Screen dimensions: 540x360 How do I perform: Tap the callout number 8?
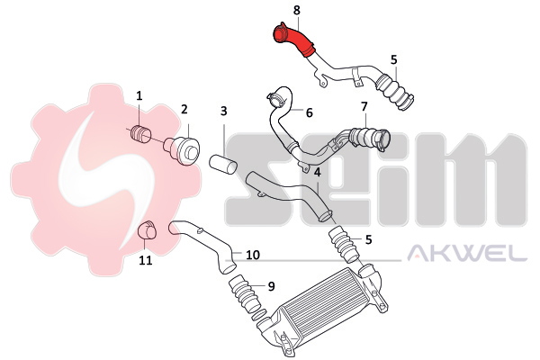[297, 10]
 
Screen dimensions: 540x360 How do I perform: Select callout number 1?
[139, 95]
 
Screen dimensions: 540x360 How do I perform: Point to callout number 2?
[184, 110]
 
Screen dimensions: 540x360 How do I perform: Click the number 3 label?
[224, 112]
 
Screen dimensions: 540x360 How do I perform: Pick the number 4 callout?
[317, 172]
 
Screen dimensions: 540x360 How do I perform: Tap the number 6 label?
[309, 112]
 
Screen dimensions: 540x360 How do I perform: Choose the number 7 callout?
[364, 106]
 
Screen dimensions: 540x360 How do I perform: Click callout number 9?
[271, 286]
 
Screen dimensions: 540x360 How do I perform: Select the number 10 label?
[252, 255]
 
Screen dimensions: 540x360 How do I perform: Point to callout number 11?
[145, 260]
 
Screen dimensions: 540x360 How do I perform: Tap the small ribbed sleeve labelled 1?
[141, 133]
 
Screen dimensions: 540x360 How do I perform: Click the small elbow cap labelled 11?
[147, 229]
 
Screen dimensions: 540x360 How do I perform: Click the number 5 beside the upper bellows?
[394, 60]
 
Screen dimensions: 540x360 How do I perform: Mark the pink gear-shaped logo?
[106, 180]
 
